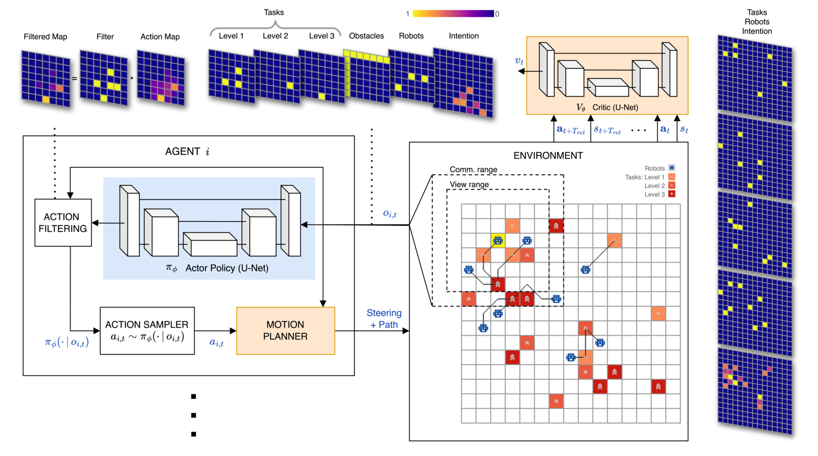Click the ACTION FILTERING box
(63, 222)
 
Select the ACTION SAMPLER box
(147, 331)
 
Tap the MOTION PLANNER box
(286, 331)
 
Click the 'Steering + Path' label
(384, 318)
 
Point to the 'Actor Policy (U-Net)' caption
(227, 268)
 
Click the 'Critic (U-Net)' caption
(616, 107)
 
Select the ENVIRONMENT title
(548, 156)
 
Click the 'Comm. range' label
(473, 169)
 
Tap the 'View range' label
(469, 184)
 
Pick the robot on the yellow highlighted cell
(498, 240)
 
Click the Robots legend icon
(672, 168)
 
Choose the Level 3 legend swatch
(672, 194)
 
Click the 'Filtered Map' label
(46, 36)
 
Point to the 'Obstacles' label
(366, 36)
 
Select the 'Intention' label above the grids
(464, 36)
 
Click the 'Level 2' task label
(276, 36)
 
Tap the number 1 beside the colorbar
(407, 14)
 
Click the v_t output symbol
(519, 61)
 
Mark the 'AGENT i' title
(187, 151)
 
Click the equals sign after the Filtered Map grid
(75, 78)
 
